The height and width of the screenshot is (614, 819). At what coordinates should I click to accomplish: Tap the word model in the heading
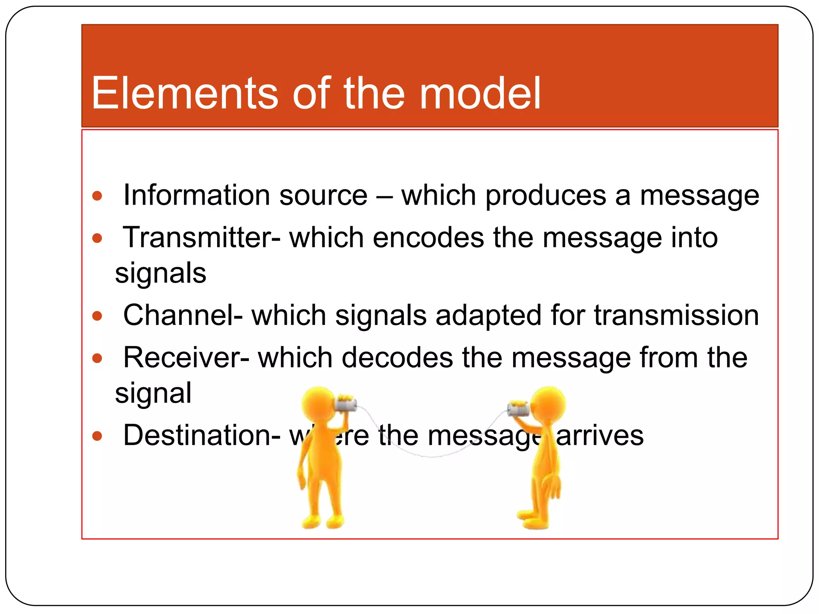(480, 94)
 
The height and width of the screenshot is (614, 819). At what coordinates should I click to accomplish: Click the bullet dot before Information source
(97, 196)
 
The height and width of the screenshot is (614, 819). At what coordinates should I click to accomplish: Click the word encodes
(428, 237)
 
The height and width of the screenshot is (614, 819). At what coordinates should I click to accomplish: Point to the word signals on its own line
(160, 273)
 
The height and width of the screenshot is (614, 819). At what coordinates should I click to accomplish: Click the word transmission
(676, 315)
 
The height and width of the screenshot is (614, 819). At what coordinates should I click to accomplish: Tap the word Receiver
(186, 357)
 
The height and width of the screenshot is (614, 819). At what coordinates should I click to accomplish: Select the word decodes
(398, 357)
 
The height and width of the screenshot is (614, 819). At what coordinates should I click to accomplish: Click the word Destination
(202, 435)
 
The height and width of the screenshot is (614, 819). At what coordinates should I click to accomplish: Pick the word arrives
(600, 436)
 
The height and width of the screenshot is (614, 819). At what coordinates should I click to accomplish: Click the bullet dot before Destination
(97, 436)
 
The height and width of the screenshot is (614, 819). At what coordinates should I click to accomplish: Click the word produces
(546, 196)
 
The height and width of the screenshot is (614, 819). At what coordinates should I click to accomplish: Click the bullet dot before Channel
(97, 316)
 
